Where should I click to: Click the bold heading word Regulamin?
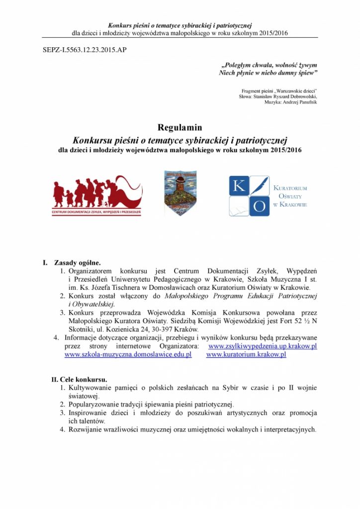point(180,128)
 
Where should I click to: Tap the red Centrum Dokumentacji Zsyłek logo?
point(97,195)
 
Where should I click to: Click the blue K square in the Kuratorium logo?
point(238,185)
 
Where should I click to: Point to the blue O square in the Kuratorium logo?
point(259,206)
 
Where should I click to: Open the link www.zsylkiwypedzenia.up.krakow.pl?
point(263,346)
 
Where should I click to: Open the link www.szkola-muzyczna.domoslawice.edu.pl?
point(128,354)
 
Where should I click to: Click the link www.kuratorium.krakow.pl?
point(246,354)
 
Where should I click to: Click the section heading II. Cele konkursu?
point(79,379)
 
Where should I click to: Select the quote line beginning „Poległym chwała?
point(269,65)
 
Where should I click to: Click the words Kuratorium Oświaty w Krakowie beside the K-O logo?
point(290,196)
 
